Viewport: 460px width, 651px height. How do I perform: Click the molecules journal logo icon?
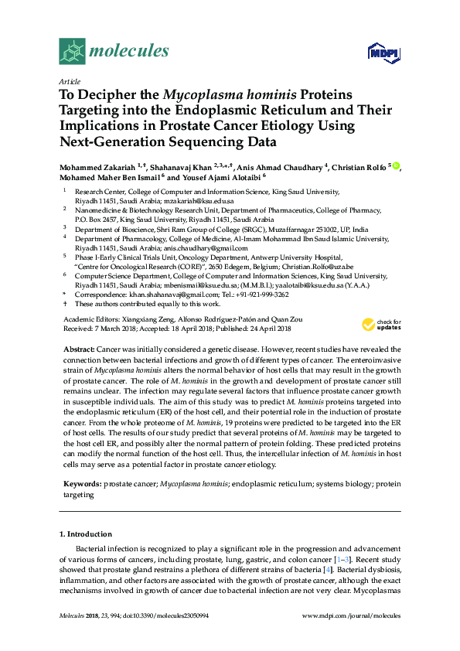(72, 52)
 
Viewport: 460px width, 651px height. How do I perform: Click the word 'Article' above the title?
(69, 80)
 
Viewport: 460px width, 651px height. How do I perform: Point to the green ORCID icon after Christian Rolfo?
(396, 165)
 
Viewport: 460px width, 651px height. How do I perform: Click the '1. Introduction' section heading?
(86, 533)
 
